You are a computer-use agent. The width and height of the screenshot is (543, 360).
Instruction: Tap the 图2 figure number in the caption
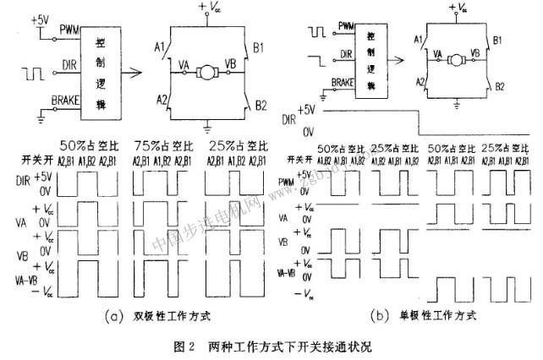pos(183,346)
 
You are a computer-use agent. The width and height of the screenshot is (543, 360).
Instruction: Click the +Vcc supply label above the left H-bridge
pos(208,8)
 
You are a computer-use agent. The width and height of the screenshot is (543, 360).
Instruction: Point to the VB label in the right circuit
pos(473,52)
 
